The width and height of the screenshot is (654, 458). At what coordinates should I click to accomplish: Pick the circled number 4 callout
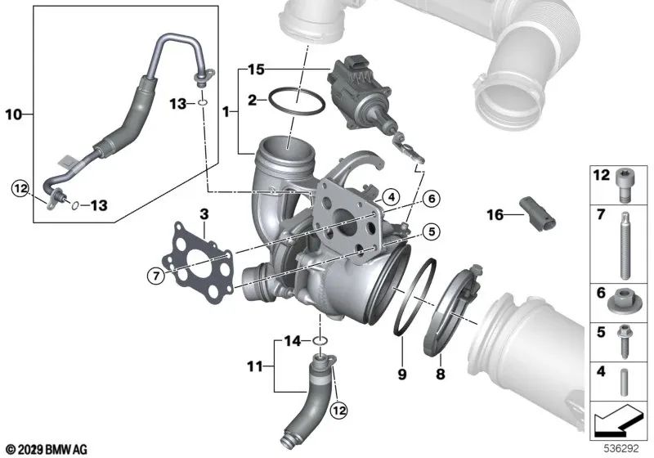[392, 196]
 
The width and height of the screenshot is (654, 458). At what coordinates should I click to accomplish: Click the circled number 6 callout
[431, 196]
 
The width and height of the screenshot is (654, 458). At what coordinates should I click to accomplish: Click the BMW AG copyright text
[45, 449]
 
